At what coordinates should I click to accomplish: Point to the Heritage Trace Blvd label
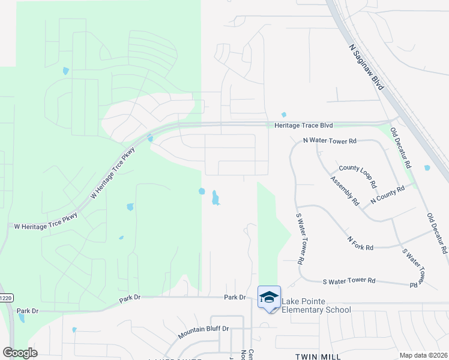coord(303,125)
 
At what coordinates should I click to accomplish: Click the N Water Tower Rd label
coord(330,140)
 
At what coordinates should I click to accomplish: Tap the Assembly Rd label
coord(345,191)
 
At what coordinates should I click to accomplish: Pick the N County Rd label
coord(387,194)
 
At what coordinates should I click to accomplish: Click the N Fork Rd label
coord(360,243)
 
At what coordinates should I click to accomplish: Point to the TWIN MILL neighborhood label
coord(318,356)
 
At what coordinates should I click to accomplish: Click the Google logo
coord(20,352)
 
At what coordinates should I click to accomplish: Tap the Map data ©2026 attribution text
coord(423,355)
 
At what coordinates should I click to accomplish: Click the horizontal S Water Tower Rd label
coord(349,280)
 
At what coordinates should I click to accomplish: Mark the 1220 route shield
coord(6,298)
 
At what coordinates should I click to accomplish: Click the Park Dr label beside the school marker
coord(235,297)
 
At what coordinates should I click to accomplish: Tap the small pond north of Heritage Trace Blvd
coord(284,115)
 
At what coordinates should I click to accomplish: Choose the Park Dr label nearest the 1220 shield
coord(28,311)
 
